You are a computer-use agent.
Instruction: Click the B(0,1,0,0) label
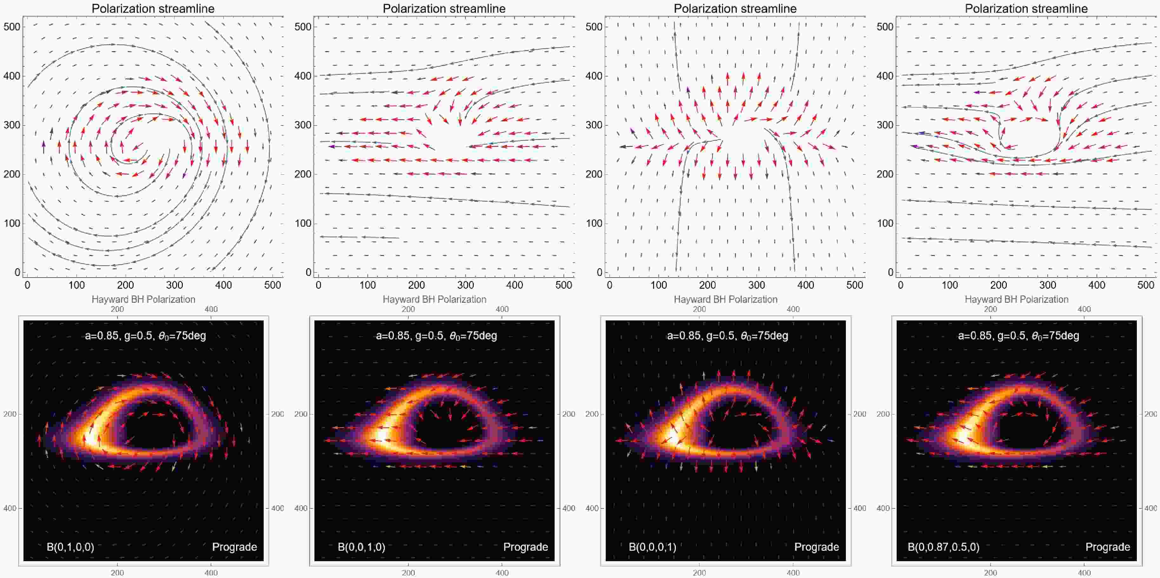pyautogui.click(x=70, y=547)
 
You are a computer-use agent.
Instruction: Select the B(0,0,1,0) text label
pyautogui.click(x=362, y=547)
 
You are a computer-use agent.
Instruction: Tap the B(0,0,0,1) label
pyautogui.click(x=652, y=547)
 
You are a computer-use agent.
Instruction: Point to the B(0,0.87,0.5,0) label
pyautogui.click(x=943, y=547)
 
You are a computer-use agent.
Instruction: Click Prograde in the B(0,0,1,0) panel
pyautogui.click(x=525, y=547)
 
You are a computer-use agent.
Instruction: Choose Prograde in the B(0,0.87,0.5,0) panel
pyautogui.click(x=1108, y=547)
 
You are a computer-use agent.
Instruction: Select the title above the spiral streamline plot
pyautogui.click(x=153, y=9)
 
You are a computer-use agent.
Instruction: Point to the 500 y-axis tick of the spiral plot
pyautogui.click(x=12, y=27)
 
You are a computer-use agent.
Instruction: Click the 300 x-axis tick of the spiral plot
pyautogui.click(x=174, y=285)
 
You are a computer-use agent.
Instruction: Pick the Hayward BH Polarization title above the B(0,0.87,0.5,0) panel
pyautogui.click(x=1016, y=299)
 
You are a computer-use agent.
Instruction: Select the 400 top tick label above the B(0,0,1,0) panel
pyautogui.click(x=502, y=309)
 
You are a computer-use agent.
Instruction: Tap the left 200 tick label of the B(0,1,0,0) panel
pyautogui.click(x=10, y=414)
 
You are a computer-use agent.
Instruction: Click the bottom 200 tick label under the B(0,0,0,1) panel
pyautogui.click(x=699, y=573)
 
